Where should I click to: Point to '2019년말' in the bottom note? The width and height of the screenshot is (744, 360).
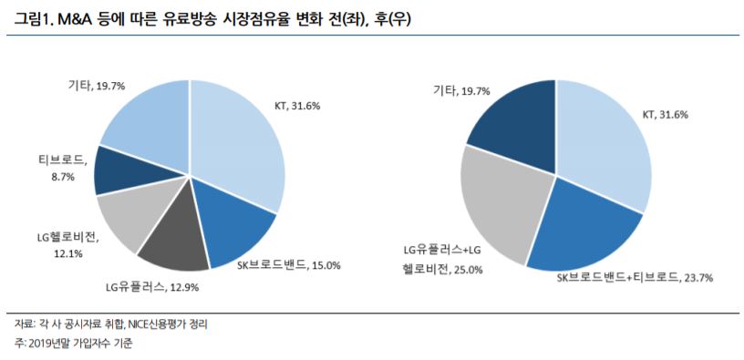pos(56,344)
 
